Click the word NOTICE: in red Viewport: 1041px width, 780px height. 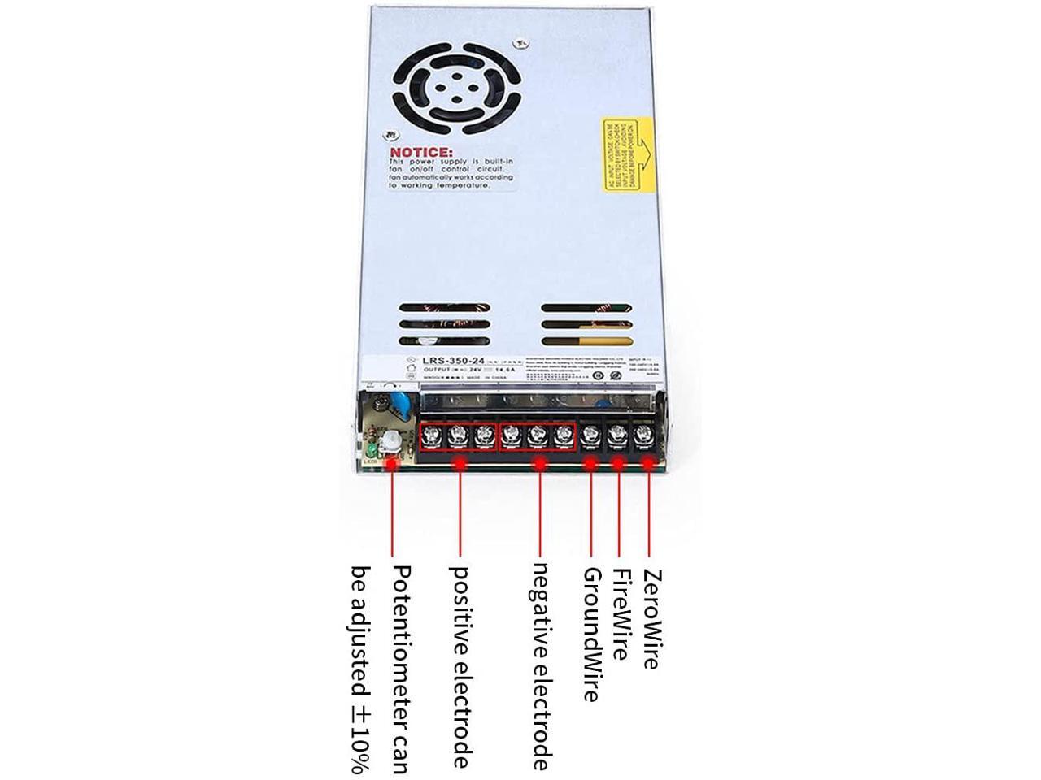tap(420, 153)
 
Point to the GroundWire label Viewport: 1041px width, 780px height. tap(591, 634)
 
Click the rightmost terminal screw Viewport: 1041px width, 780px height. tap(644, 435)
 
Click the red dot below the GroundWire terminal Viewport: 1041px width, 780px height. tap(591, 465)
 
